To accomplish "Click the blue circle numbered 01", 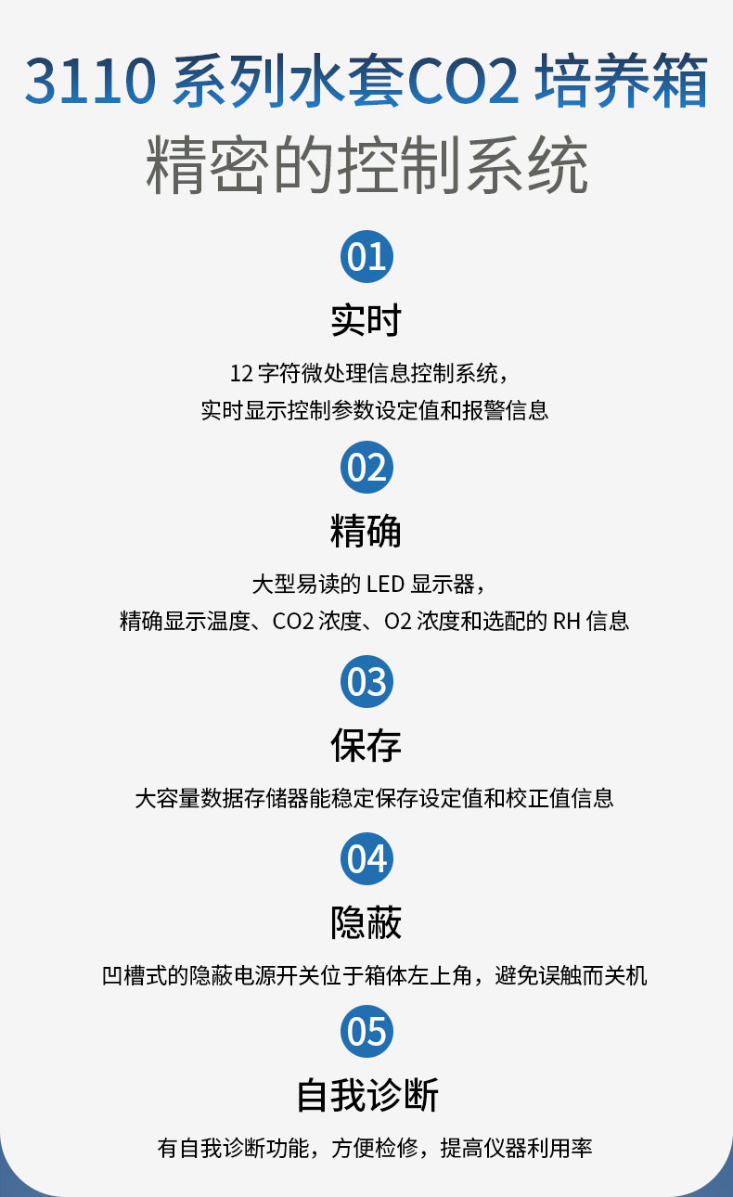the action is [366, 256].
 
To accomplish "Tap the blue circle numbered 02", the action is [366, 468].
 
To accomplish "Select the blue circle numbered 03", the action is [366, 681].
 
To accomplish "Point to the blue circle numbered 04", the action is [366, 858].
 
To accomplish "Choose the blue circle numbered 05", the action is [366, 1031].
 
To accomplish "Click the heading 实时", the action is [366, 320].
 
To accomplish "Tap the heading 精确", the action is [366, 531].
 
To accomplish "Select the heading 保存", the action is [366, 745].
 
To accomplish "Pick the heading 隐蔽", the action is [366, 923].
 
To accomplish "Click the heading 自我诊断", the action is [367, 1095].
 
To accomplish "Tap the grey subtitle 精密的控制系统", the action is [366, 164].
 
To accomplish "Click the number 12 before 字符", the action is [241, 374].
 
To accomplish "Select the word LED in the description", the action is [386, 584].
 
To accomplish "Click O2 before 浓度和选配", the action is [397, 622].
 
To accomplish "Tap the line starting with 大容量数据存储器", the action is [374, 798].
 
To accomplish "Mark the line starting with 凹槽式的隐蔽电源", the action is [374, 976].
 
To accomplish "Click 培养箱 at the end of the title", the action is [621, 80].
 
